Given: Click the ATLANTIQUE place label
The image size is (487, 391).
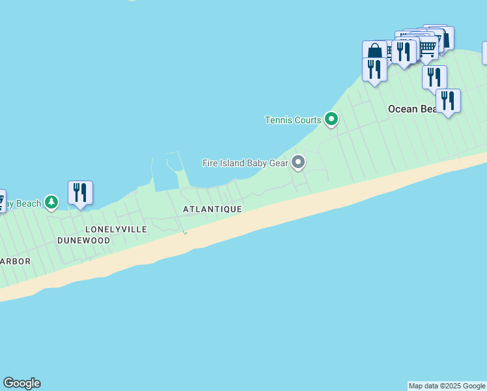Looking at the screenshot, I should coord(212,209).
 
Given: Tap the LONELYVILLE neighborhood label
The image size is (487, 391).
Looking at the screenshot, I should coord(116,229).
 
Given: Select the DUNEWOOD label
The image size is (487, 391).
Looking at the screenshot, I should coord(83,240).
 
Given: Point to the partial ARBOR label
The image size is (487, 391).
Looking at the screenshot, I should coord(15,261).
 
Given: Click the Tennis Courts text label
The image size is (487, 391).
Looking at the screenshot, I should coord(292,120).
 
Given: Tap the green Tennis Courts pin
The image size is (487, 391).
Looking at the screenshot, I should coord(331,119).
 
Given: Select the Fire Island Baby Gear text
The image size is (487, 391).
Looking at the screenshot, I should coord(245,162).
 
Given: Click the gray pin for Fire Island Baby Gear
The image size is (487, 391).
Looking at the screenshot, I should coord(298,162).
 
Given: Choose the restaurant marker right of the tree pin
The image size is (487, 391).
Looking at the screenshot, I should coord(80,193).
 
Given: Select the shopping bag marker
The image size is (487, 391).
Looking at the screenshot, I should coord(374,51).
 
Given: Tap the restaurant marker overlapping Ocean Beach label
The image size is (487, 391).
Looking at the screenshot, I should coord(448,100).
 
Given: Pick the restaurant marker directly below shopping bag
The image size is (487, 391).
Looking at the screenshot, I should coord(374,69).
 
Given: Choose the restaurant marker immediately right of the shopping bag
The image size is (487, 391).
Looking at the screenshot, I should coord(404,51).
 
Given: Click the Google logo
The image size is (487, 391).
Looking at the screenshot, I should coord(21,383).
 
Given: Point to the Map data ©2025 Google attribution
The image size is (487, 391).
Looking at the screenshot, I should coord(447,386).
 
